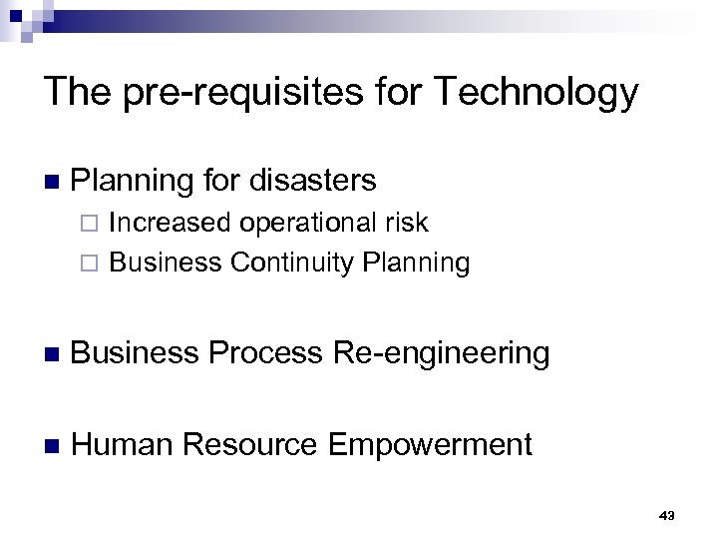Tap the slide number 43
click(x=667, y=515)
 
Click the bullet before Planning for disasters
click(x=52, y=181)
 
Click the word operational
click(x=304, y=223)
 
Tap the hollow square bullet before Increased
click(x=95, y=224)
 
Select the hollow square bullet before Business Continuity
click(x=95, y=264)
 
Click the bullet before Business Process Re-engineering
click(x=52, y=354)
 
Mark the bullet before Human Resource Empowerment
click(x=52, y=444)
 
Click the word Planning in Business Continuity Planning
click(x=417, y=263)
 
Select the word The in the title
click(x=76, y=92)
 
